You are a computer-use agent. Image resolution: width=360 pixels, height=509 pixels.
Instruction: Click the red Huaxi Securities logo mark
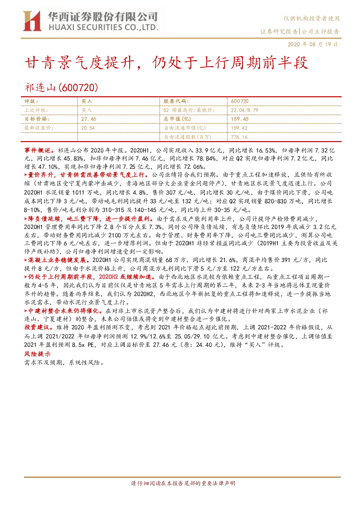[32, 21]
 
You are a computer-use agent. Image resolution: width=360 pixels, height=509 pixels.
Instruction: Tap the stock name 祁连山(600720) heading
[61, 88]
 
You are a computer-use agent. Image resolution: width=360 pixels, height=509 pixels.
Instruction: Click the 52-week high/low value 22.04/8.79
[245, 110]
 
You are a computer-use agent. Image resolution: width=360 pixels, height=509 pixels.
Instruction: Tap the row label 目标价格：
[37, 119]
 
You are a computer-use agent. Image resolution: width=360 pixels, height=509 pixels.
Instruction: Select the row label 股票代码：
[176, 101]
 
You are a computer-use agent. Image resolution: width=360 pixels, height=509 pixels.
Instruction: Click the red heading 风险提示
[37, 354]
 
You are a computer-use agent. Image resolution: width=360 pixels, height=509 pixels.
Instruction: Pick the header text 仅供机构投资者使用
[311, 18]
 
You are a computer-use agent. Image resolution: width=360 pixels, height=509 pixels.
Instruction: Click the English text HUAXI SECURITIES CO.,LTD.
[103, 28]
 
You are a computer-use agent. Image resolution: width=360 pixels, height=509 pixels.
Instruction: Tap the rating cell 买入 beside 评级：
[87, 101]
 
